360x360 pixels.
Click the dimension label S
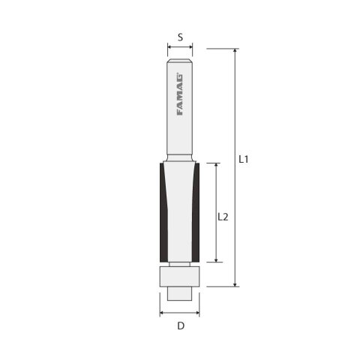pyautogui.click(x=180, y=35)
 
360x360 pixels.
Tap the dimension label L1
pyautogui.click(x=244, y=159)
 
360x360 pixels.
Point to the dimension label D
pyautogui.click(x=180, y=325)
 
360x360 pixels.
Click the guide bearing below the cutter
pyautogui.click(x=180, y=275)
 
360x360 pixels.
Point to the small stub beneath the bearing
pyautogui.click(x=180, y=292)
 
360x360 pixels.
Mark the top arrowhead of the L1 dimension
pyautogui.click(x=235, y=51)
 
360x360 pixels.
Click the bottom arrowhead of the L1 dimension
pyautogui.click(x=235, y=283)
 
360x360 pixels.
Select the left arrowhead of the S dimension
pyautogui.click(x=169, y=49)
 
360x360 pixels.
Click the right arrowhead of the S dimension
pyautogui.click(x=191, y=49)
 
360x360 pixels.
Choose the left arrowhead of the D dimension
pyautogui.click(x=161, y=311)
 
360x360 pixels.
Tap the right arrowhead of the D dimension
pyautogui.click(x=199, y=311)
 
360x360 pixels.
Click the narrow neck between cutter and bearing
pyautogui.click(x=180, y=262)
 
